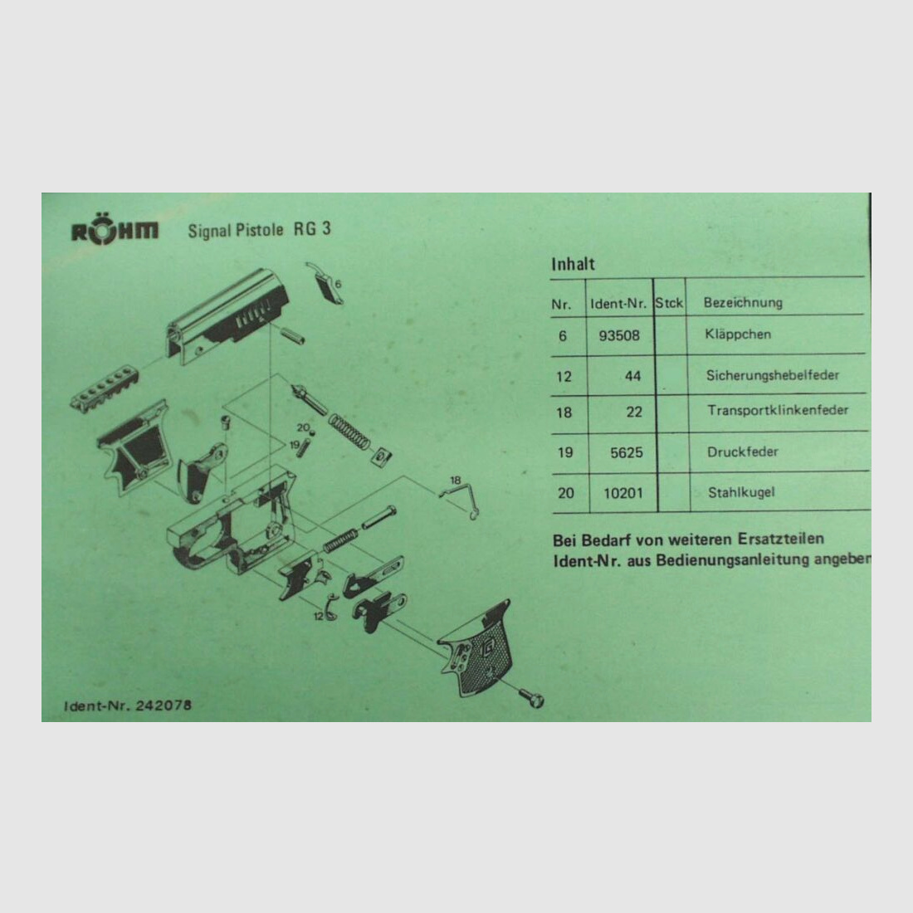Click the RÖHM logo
[114, 232]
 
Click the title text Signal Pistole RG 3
[259, 230]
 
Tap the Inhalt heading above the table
[573, 264]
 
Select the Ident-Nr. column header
[618, 304]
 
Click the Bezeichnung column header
[743, 303]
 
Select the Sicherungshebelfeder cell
[772, 375]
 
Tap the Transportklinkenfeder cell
[777, 411]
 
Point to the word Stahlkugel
[741, 493]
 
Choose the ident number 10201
[623, 493]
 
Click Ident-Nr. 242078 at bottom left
[128, 705]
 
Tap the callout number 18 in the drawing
[455, 481]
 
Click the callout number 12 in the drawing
[318, 616]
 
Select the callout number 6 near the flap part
[338, 284]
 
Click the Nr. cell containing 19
[564, 453]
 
